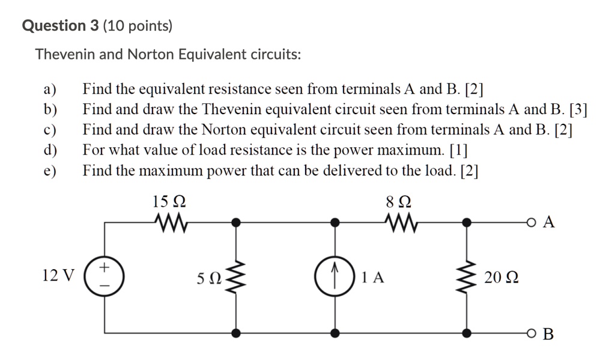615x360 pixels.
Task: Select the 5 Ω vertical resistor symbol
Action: [238, 277]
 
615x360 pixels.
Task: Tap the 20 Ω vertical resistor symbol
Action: [465, 277]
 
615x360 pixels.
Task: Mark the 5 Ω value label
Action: [209, 278]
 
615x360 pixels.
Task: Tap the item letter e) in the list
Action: [49, 171]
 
